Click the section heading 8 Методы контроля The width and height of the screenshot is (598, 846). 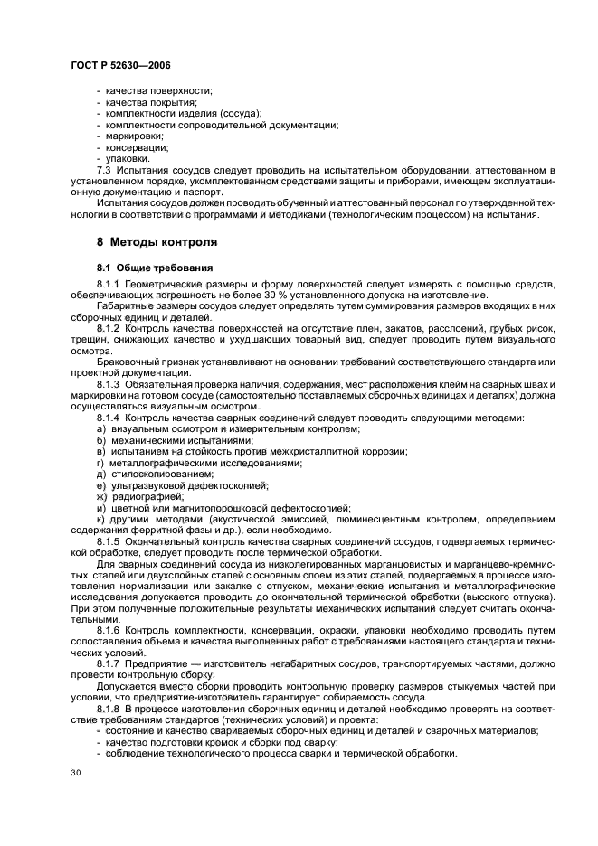click(x=157, y=243)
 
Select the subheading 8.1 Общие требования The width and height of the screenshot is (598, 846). click(x=155, y=268)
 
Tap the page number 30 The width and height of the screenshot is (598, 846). click(x=75, y=772)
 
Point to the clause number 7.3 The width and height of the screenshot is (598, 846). click(x=104, y=170)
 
